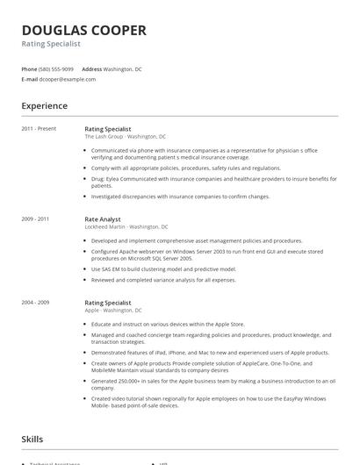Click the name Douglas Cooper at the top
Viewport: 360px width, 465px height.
83,30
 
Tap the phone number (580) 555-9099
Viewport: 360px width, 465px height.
57,68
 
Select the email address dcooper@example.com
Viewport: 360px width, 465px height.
68,79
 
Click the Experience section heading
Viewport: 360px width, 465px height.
45,106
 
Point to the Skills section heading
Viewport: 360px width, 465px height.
33,437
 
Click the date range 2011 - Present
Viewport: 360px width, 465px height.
39,128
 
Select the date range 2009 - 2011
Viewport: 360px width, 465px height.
35,218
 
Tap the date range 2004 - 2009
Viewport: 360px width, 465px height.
35,302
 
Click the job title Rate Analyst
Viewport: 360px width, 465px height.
103,218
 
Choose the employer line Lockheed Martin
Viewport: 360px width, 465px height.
126,226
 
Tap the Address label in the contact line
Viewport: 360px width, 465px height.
91,68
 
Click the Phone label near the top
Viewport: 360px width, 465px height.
29,68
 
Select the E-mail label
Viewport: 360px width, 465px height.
29,79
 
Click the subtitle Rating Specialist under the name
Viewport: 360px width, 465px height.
51,44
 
